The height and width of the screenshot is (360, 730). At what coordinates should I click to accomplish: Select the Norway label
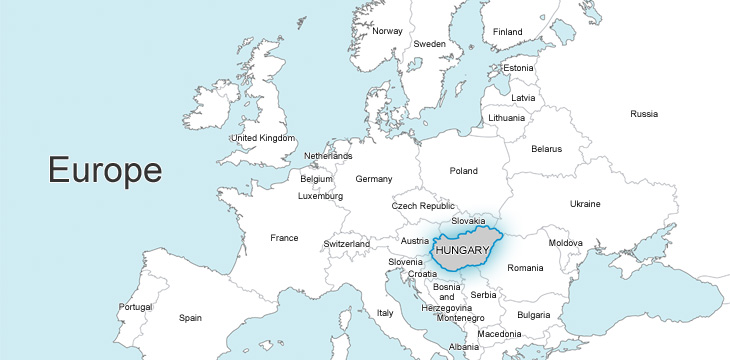387,31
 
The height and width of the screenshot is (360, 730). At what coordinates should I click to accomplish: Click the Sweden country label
430,44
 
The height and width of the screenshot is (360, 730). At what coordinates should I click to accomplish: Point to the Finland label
507,32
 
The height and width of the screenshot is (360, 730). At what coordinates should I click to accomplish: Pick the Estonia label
519,68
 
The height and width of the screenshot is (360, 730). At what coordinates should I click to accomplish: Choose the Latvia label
523,98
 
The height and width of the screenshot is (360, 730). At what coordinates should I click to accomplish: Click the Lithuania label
507,118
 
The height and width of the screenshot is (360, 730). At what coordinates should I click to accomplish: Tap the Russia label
644,114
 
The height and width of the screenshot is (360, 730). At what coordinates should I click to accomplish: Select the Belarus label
546,149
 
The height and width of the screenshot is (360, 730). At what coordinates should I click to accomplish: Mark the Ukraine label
585,204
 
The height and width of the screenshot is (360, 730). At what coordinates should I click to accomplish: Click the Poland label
464,171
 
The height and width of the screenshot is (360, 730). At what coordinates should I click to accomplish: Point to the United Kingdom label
263,138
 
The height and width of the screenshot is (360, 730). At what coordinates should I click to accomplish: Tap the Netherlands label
328,157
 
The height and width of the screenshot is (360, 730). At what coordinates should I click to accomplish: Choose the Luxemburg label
320,196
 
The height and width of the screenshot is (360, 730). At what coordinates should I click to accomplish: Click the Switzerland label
347,244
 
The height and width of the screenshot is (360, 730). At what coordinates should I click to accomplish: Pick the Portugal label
136,307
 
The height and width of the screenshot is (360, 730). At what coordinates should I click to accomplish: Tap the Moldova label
565,243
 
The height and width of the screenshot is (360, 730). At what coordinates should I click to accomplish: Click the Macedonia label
499,333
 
